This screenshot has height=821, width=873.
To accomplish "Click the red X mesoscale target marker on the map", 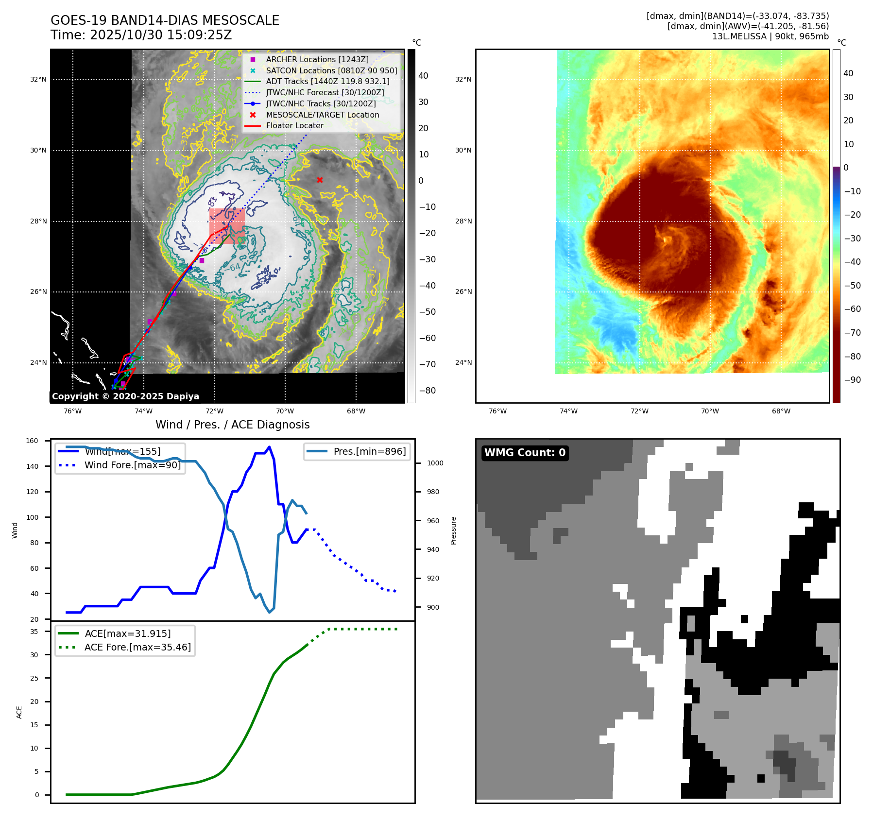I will click(x=320, y=180).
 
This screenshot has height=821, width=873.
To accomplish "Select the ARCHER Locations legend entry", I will click(x=317, y=59).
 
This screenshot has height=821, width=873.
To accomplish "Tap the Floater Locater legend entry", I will click(x=294, y=125).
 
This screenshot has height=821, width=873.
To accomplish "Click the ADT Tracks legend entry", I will click(x=327, y=81).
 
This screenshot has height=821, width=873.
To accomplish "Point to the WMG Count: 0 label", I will click(x=525, y=453).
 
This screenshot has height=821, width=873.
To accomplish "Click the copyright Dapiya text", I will click(x=125, y=396).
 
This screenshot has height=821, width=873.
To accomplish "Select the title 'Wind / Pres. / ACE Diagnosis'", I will click(x=232, y=425).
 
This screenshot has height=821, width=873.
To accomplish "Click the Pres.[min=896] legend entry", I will click(x=369, y=451).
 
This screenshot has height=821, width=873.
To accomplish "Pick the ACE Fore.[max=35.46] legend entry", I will click(x=137, y=647).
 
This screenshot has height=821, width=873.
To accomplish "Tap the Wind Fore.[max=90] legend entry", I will click(x=132, y=465).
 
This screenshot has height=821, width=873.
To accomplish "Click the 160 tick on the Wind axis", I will click(x=32, y=441).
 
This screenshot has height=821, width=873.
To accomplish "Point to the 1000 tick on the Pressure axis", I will click(x=435, y=463).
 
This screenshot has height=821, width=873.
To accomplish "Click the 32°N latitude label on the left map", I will click(x=38, y=79).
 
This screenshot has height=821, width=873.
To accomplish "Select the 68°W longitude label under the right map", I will click(x=781, y=411).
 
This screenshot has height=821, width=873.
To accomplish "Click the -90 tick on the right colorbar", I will click(x=852, y=380).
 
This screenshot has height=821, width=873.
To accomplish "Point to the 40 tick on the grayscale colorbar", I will click(x=423, y=76).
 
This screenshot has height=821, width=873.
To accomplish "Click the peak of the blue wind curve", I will click(x=270, y=447).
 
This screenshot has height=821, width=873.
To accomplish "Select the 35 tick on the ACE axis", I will click(x=34, y=632).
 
